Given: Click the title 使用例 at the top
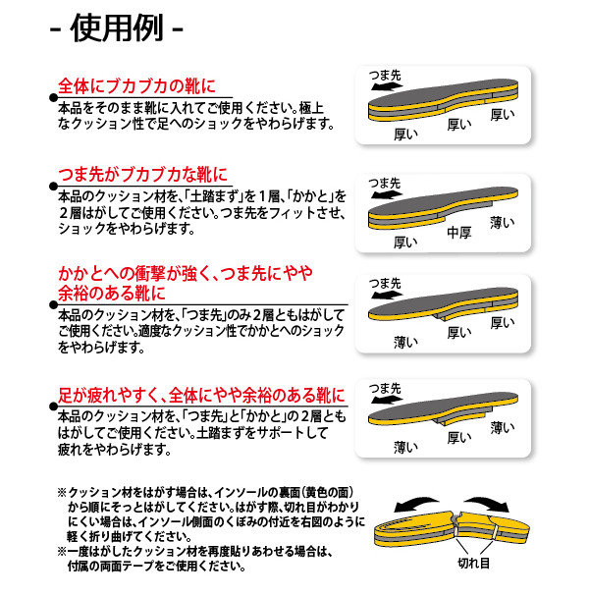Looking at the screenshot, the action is [117, 27].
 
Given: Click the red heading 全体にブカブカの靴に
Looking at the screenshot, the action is [137, 86].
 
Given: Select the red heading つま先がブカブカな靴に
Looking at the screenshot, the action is [143, 175].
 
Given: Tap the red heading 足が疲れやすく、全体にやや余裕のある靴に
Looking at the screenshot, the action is [201, 396].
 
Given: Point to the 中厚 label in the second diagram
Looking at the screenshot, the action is [459, 233].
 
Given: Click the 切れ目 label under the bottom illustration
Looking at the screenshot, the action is [473, 563].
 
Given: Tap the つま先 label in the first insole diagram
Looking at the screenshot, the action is [385, 75].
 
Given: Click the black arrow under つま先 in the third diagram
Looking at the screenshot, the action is [387, 295].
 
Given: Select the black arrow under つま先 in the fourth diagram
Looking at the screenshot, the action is [387, 400].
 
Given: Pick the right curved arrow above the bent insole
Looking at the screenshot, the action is [488, 503].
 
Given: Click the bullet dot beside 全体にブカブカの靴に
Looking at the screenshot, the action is [53, 97].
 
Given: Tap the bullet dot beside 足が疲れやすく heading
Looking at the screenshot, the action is [53, 406].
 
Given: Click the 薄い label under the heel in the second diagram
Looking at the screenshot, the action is [503, 222].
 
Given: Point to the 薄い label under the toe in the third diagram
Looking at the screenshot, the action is [405, 342].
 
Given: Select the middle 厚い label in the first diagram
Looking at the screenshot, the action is [459, 125].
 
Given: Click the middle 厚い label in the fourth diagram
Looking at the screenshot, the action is [459, 438].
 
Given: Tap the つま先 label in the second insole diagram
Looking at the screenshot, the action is [385, 184].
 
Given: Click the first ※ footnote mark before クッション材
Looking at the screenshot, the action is [62, 493].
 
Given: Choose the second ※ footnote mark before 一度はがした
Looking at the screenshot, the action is [62, 551].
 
